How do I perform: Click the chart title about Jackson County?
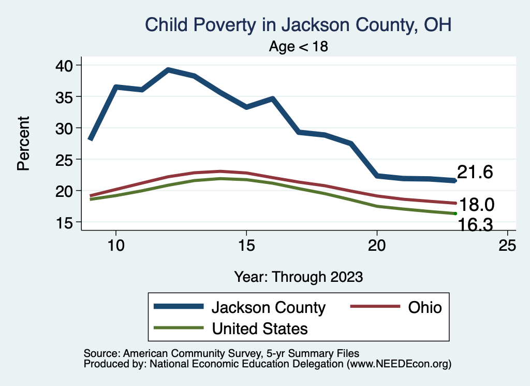click(x=299, y=24)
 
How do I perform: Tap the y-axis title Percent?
click(x=23, y=144)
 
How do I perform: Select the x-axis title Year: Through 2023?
click(x=298, y=276)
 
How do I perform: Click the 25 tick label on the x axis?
click(x=507, y=245)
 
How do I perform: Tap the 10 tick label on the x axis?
click(x=116, y=245)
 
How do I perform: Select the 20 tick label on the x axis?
click(x=377, y=245)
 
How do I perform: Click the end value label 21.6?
click(x=474, y=173)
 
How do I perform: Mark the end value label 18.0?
click(x=477, y=205)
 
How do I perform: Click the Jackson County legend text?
click(x=268, y=307)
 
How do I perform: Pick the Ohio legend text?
click(x=425, y=307)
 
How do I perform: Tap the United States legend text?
click(x=259, y=328)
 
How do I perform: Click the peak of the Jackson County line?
click(x=168, y=69)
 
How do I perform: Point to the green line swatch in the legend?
click(x=178, y=328)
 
